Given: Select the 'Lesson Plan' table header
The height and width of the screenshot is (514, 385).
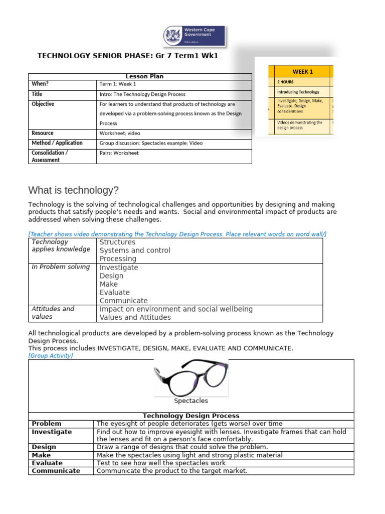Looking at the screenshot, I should [144, 76].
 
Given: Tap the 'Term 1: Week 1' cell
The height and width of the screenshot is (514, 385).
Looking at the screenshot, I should [118, 84].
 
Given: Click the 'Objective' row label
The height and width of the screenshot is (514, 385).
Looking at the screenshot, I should [43, 104].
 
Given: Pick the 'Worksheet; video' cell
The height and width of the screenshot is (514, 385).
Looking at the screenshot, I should [120, 133].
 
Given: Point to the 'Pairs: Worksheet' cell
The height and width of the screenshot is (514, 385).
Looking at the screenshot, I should [119, 153].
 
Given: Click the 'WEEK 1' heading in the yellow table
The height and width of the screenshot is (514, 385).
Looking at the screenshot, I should [303, 71].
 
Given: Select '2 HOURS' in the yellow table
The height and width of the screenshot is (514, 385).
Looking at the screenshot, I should [285, 81].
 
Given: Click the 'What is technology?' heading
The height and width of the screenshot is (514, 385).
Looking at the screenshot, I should [74, 190].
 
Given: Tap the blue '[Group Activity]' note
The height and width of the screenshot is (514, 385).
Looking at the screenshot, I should [51, 355].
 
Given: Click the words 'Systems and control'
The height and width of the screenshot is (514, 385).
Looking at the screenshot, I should [135, 250].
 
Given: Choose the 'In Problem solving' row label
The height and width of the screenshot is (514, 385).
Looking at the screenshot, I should [61, 267].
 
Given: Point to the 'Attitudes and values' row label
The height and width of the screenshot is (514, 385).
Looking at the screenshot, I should [53, 313].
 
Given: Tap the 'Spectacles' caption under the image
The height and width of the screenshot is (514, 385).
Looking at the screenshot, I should [191, 401].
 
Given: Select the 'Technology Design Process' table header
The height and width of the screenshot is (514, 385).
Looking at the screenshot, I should [191, 416].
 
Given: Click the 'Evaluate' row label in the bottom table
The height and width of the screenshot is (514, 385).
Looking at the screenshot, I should [47, 463].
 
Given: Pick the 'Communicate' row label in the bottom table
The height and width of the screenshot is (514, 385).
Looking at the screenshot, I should [56, 471].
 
